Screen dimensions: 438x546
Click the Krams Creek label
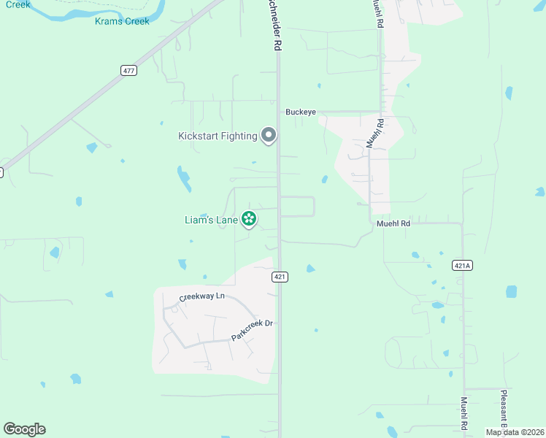coord(122,21)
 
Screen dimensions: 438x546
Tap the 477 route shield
coord(129,70)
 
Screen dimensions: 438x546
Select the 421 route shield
coord(280,277)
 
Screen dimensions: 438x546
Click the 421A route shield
coord(462,265)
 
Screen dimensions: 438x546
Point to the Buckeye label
coord(300,112)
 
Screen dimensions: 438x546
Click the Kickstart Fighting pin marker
coord(269,135)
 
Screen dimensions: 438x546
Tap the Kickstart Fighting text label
coord(218,136)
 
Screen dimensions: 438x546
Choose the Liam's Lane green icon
coord(249,218)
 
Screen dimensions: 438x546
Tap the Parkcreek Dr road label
coord(251,331)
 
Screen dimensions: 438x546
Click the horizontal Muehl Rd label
coord(393,223)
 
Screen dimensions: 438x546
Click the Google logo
coord(24,429)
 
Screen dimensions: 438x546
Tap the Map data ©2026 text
coord(514,432)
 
